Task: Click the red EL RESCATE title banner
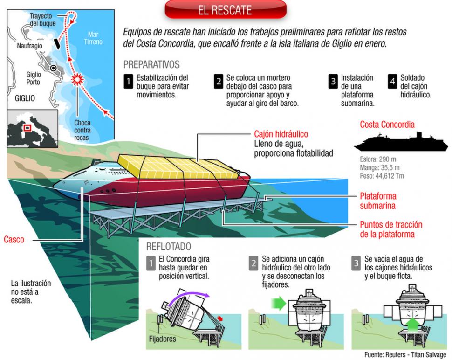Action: [226, 9]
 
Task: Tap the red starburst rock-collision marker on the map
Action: [78, 79]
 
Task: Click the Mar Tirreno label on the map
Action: [93, 38]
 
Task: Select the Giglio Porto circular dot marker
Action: [53, 69]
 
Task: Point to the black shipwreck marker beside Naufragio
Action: [57, 44]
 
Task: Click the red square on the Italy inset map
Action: [27, 127]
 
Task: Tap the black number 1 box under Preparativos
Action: [128, 81]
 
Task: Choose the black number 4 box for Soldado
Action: [393, 81]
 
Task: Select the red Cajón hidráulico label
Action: [281, 134]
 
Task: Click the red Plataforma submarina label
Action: [378, 201]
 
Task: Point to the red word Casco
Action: [14, 239]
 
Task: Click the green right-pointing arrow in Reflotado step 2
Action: [279, 304]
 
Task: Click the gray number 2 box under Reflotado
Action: [253, 263]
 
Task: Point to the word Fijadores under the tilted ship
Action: [162, 339]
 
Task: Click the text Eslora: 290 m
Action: [377, 159]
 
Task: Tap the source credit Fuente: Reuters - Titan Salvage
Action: [405, 354]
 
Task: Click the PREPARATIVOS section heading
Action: [151, 64]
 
